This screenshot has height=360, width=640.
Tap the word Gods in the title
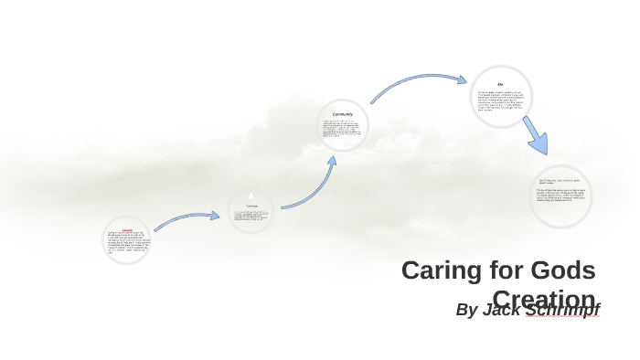click(560, 270)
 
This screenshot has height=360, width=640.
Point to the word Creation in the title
click(545, 298)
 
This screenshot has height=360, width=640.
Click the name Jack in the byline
click(502, 310)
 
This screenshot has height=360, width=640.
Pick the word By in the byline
click(466, 310)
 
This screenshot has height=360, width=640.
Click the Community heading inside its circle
click(343, 114)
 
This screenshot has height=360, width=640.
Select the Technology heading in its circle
click(251, 206)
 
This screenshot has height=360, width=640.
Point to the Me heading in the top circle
click(500, 85)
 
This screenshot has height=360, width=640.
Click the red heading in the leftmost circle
click(127, 229)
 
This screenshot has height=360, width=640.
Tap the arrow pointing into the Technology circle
click(187, 220)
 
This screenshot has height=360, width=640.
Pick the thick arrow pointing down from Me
click(535, 135)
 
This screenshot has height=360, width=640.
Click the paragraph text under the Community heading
click(342, 128)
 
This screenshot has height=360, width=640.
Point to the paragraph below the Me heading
click(500, 100)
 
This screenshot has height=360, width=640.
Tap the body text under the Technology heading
click(251, 217)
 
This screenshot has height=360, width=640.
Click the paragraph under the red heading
click(127, 242)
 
